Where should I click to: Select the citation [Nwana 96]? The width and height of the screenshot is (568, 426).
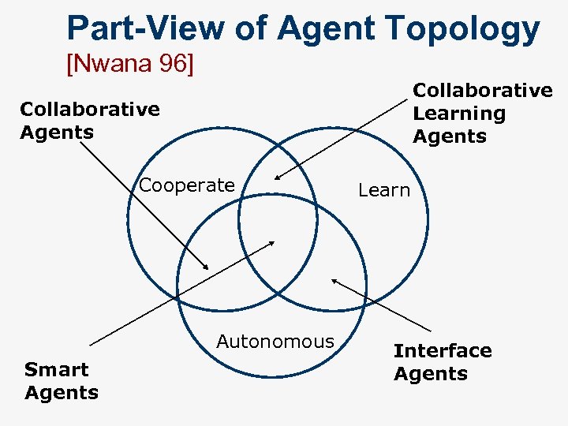pos(129,62)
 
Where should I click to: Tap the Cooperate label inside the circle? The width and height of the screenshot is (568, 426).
pos(187,185)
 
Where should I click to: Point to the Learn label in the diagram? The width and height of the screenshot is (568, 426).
pos(384,190)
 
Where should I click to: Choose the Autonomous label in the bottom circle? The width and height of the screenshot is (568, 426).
pos(275,342)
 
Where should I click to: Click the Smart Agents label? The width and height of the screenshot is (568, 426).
pos(62,381)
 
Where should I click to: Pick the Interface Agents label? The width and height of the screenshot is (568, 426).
pos(443,362)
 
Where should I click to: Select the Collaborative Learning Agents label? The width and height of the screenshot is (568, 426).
pos(483,114)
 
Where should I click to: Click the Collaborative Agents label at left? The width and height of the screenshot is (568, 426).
pos(89,120)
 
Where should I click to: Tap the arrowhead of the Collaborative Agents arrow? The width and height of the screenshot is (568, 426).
pos(207,268)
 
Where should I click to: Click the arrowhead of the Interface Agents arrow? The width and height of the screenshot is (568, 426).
pos(333,279)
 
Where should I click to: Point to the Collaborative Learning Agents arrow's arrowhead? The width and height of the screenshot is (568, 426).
pos(277,178)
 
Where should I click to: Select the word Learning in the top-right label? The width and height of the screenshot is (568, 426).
pos(459,114)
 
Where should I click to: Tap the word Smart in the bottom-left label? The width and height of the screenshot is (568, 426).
pos(57,369)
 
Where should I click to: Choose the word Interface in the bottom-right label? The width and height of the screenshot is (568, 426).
pos(443,350)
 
